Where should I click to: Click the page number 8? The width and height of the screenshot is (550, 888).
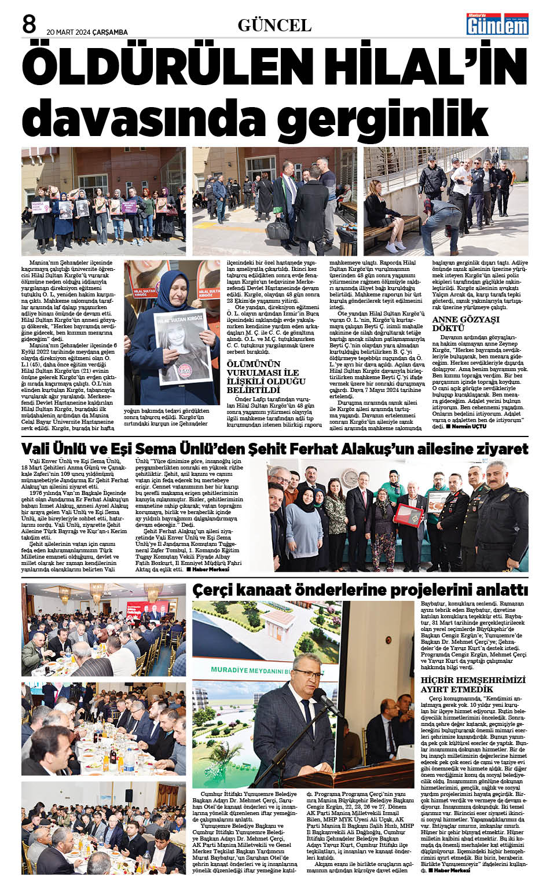pyautogui.click(x=29, y=24)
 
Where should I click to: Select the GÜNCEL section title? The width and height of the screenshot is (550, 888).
pyautogui.click(x=274, y=25)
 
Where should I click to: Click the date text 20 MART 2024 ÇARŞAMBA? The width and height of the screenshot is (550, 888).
pyautogui.click(x=87, y=32)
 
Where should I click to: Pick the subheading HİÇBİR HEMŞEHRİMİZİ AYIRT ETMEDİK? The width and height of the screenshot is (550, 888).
pyautogui.click(x=473, y=684)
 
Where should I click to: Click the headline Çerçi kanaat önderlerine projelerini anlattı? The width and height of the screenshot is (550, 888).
pyautogui.click(x=360, y=590)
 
